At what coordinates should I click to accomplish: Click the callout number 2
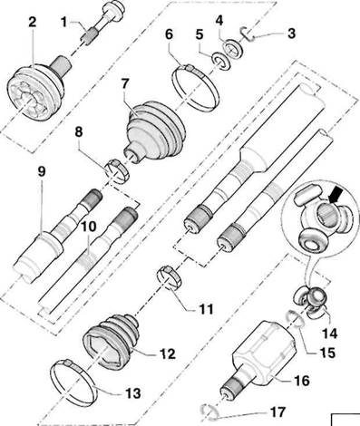point(33,22)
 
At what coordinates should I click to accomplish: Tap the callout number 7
point(125,83)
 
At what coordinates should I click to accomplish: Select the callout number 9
point(42,171)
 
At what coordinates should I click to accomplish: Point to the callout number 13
point(133,393)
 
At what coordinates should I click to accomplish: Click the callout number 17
point(277,411)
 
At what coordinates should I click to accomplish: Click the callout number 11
point(206,309)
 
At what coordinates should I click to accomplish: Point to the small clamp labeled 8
point(117,172)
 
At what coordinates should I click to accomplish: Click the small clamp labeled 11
point(170,277)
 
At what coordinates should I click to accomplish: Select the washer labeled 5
point(220,62)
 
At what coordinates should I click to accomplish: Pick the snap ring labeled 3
point(248,34)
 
